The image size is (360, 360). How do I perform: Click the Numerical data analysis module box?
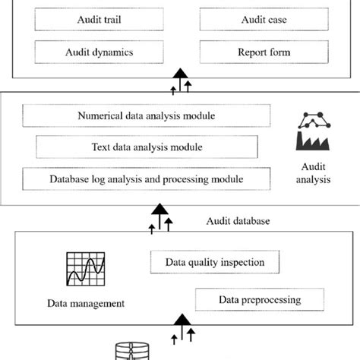(x=147, y=116)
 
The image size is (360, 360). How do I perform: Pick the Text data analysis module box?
(x=147, y=147)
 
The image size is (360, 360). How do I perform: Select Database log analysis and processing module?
(x=147, y=179)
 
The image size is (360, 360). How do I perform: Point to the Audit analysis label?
(x=314, y=174)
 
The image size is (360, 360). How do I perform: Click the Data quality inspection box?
(x=215, y=262)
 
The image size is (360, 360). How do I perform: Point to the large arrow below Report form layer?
(x=180, y=77)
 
